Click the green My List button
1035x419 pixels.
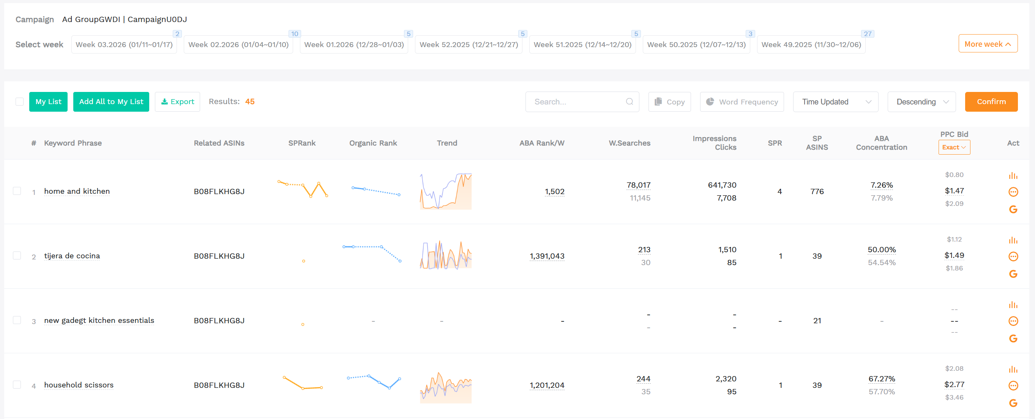tap(48, 102)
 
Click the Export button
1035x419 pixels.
tap(177, 102)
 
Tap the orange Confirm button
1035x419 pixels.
tap(991, 102)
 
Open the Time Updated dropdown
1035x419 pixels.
tap(835, 102)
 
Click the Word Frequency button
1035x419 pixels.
tap(742, 102)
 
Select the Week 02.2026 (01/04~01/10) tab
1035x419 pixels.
tap(238, 44)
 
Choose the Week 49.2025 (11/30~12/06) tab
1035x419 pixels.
tap(811, 44)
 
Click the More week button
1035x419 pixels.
tap(988, 44)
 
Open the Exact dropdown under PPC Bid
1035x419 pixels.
tap(954, 147)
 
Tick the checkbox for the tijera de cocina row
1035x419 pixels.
tap(17, 256)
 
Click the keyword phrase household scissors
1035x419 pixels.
tap(79, 385)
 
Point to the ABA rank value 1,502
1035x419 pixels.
tap(554, 191)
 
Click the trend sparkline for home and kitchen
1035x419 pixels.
tap(446, 191)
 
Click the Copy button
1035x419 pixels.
tap(669, 102)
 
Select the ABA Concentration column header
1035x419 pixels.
tap(881, 143)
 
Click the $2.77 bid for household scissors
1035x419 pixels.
tap(954, 384)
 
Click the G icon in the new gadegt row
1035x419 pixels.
tap(1013, 338)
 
